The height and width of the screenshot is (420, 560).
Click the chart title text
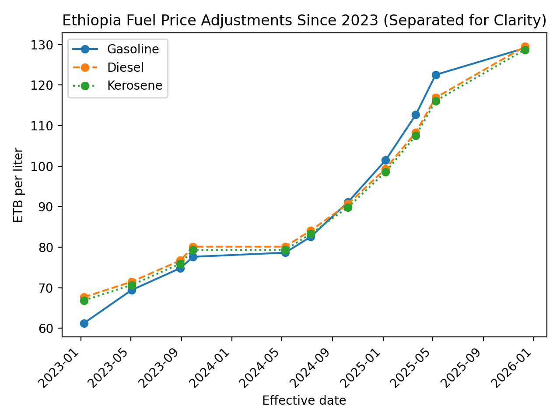(304, 21)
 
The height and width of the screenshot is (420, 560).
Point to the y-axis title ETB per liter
(18, 185)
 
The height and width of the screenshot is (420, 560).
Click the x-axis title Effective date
(304, 400)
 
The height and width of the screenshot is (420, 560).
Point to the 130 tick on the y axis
(44, 45)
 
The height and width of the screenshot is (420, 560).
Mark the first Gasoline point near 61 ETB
(84, 323)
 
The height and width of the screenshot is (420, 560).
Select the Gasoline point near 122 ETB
(436, 75)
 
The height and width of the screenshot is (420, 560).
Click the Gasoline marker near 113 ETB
(416, 115)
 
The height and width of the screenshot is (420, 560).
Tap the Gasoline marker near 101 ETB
(385, 160)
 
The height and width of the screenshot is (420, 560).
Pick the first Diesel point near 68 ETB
(84, 297)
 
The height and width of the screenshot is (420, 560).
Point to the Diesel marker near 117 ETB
(436, 98)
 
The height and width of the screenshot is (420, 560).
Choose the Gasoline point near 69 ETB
(132, 290)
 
